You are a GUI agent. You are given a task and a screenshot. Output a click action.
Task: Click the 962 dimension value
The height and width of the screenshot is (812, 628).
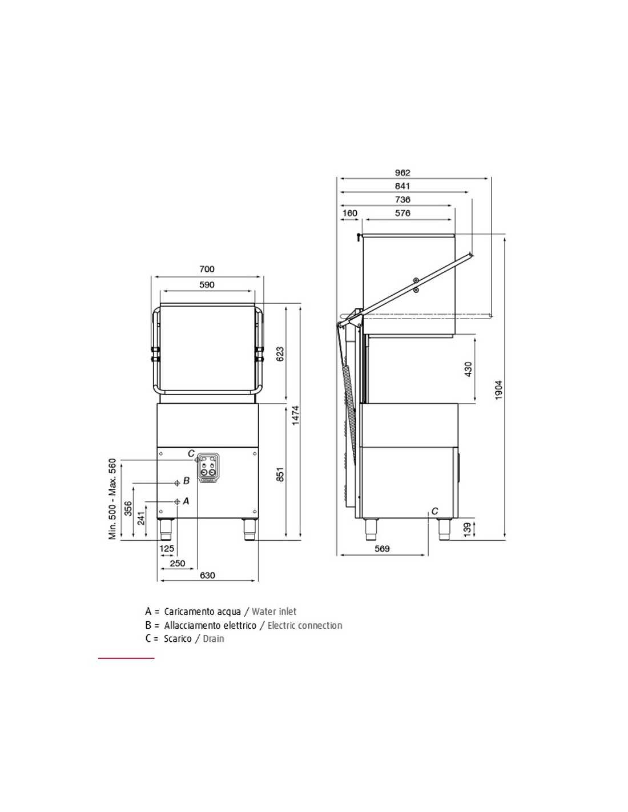[x=402, y=172]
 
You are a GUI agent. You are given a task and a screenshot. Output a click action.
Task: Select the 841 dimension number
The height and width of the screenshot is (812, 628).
[x=402, y=186]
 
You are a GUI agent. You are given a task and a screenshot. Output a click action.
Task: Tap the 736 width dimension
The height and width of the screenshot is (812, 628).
[x=402, y=199]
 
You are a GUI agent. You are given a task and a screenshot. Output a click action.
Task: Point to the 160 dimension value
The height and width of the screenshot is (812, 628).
[x=349, y=213]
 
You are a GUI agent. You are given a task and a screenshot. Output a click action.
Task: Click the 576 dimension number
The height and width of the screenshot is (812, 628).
[x=402, y=213]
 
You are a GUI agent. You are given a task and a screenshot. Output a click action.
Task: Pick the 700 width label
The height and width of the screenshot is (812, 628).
[x=207, y=269]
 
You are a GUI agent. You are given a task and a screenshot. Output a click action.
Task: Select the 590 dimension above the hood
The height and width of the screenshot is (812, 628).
[x=207, y=285]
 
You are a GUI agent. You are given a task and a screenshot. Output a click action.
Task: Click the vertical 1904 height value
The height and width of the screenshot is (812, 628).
[x=499, y=391]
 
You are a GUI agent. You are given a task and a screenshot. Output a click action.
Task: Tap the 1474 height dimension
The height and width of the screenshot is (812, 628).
[x=296, y=415]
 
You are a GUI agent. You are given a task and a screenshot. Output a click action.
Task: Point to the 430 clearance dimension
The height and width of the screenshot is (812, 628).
[x=468, y=369]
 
